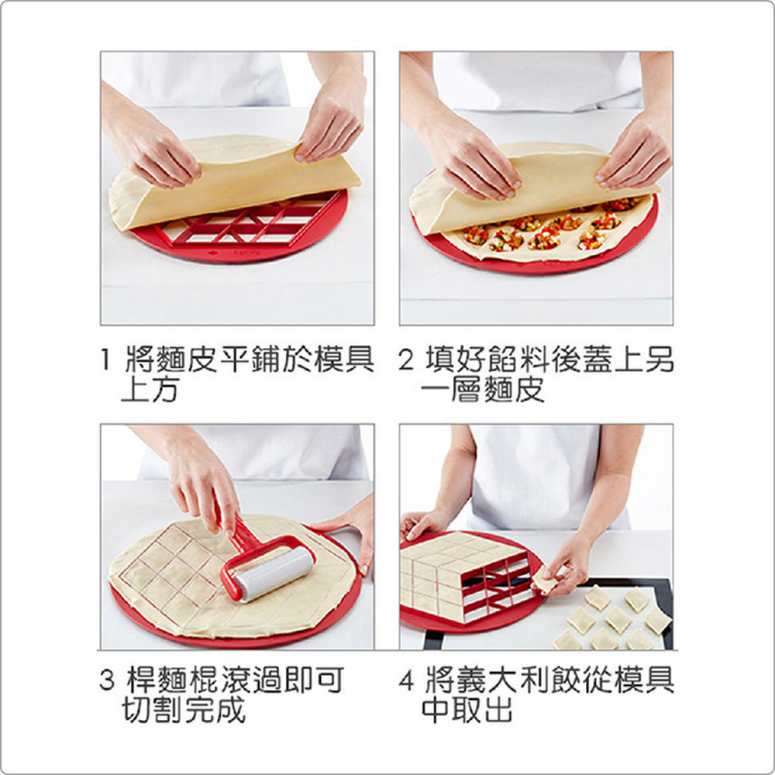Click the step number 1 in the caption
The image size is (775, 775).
point(105,360)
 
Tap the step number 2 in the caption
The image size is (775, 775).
point(406,360)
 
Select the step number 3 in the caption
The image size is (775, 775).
point(107,680)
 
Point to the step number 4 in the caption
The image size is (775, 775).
point(406,680)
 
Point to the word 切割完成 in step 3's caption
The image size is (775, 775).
point(184,710)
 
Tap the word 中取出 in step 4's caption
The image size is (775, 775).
point(467,710)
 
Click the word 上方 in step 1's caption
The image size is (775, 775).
point(150,390)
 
